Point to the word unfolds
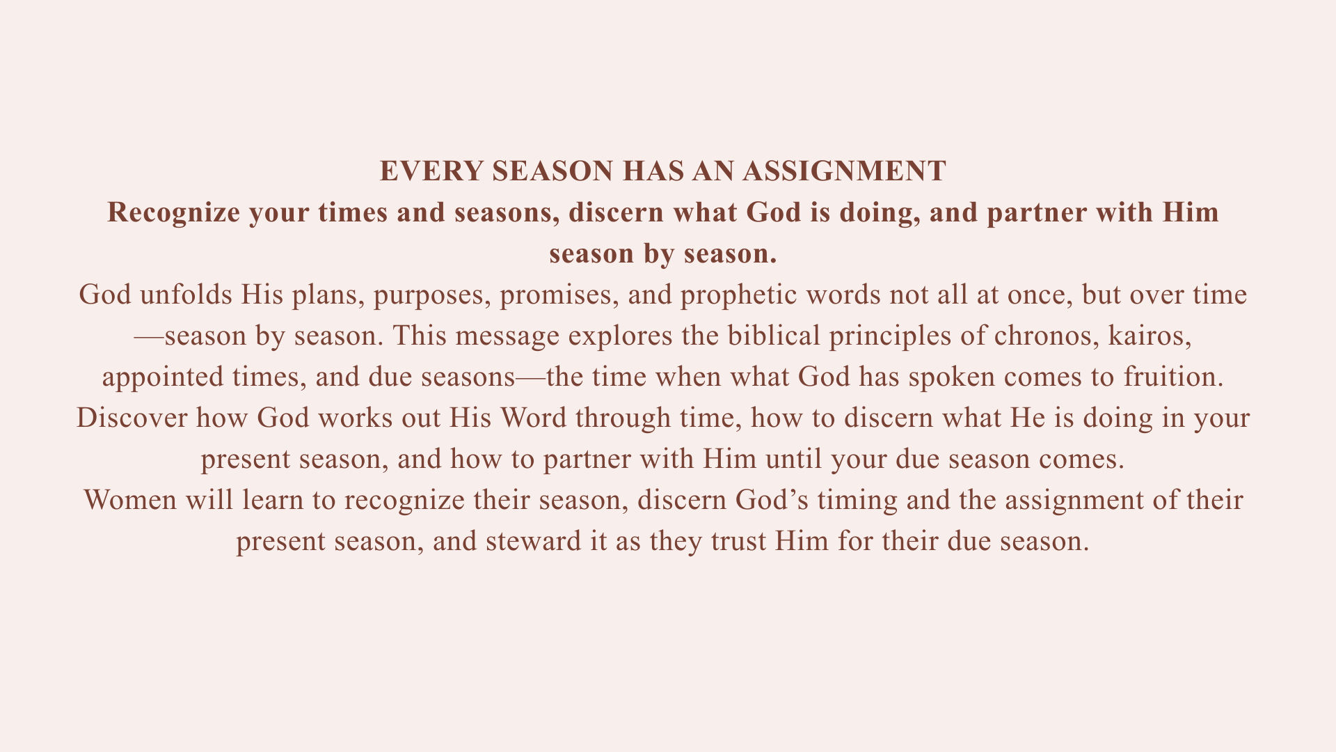(x=186, y=295)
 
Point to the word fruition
(x=1173, y=377)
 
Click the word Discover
(x=132, y=418)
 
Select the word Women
(x=130, y=500)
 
